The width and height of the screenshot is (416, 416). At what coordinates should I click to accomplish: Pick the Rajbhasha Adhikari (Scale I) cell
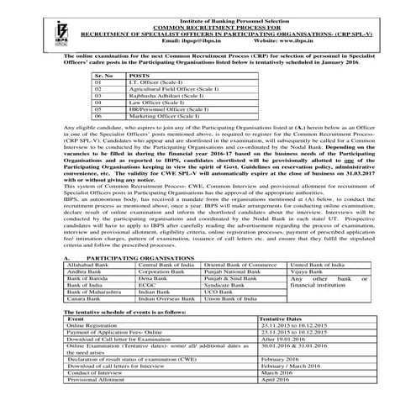[x=162, y=96]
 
